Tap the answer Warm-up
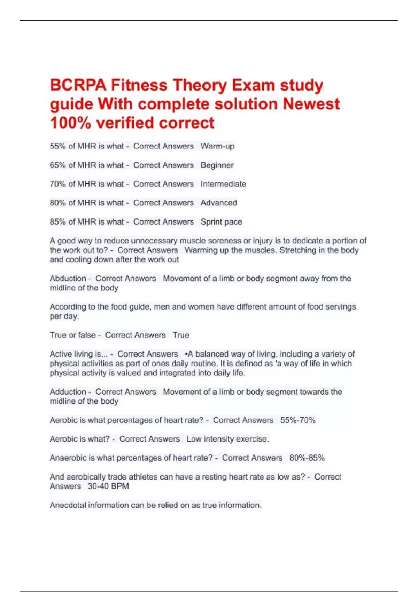point(217,146)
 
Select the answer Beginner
point(217,165)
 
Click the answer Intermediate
point(223,184)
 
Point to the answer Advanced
point(219,203)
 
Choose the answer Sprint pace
point(221,222)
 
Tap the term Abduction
point(68,279)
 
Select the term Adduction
point(68,392)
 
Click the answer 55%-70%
point(298,420)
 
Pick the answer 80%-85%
point(307,458)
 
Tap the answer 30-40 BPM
point(108,486)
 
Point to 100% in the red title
point(70,123)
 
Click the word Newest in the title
point(311,104)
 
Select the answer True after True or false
point(181,335)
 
